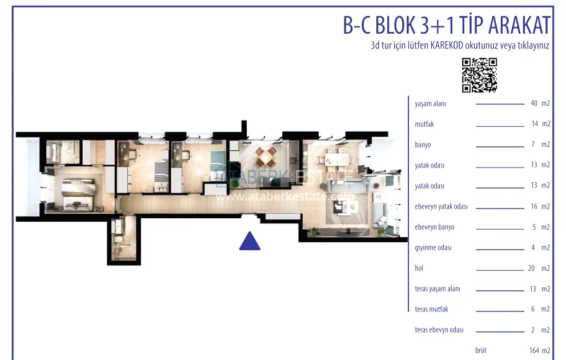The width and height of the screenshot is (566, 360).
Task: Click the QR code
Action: click(x=479, y=75)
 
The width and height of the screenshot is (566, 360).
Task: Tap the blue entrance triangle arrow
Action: click(x=250, y=241)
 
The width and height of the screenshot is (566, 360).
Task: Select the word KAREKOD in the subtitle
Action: click(x=447, y=46)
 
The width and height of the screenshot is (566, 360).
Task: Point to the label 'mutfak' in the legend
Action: click(x=424, y=124)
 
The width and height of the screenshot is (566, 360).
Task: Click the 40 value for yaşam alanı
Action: click(x=534, y=103)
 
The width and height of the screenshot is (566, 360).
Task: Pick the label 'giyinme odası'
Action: click(x=433, y=247)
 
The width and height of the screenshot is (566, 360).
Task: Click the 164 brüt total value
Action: click(x=534, y=350)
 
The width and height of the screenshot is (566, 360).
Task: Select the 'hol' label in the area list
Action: click(x=419, y=268)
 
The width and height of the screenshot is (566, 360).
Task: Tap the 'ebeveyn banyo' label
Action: click(x=435, y=227)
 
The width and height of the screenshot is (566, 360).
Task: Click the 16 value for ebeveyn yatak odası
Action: click(x=534, y=206)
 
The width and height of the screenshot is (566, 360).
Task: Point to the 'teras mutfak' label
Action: click(x=431, y=309)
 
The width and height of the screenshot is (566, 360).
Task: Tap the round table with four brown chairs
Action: click(x=266, y=157)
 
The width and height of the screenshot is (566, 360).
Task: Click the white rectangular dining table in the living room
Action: click(x=337, y=159)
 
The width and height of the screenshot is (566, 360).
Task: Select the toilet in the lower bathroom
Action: click(x=118, y=239)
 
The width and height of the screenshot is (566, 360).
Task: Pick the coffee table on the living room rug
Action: click(x=345, y=207)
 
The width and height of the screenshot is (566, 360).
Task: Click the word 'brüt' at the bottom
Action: click(x=481, y=350)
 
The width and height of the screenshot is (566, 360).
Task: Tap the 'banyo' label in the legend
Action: click(x=423, y=145)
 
